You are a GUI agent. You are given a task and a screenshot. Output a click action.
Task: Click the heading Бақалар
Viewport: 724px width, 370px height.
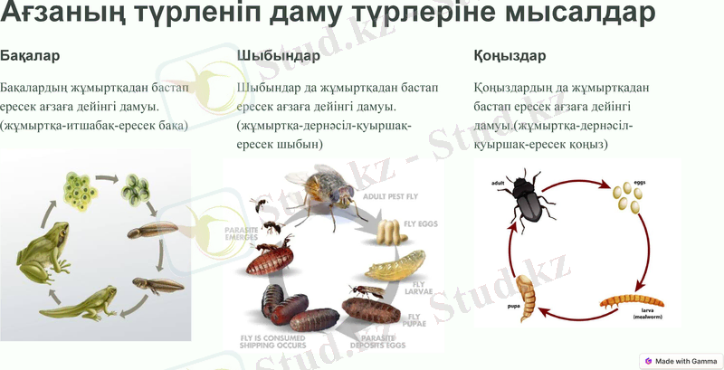click(31, 56)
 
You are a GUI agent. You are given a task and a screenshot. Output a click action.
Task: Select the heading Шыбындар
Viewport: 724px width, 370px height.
click(278, 56)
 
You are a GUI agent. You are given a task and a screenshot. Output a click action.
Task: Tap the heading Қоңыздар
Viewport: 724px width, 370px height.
click(510, 56)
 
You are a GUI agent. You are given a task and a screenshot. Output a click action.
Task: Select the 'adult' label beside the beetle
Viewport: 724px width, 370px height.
click(497, 183)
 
